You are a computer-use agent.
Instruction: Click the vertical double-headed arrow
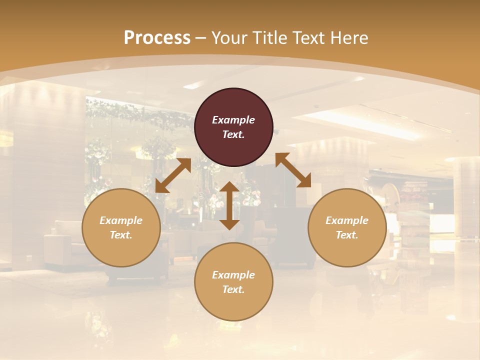click(229, 205)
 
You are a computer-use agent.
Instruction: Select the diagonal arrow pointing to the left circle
click(173, 175)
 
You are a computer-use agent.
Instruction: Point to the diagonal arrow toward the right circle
click(293, 170)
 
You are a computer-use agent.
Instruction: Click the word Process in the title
click(157, 37)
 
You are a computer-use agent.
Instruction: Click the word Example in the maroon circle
click(233, 120)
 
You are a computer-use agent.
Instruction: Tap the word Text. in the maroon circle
click(233, 134)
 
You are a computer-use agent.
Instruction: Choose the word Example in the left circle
click(121, 220)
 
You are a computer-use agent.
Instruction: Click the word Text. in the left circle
click(121, 235)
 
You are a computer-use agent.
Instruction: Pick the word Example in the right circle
click(347, 220)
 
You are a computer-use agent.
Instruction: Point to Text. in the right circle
click(347, 235)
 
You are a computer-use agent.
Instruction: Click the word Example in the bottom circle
click(233, 275)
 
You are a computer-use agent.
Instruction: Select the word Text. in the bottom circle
click(233, 289)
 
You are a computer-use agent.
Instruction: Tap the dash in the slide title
click(201, 38)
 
